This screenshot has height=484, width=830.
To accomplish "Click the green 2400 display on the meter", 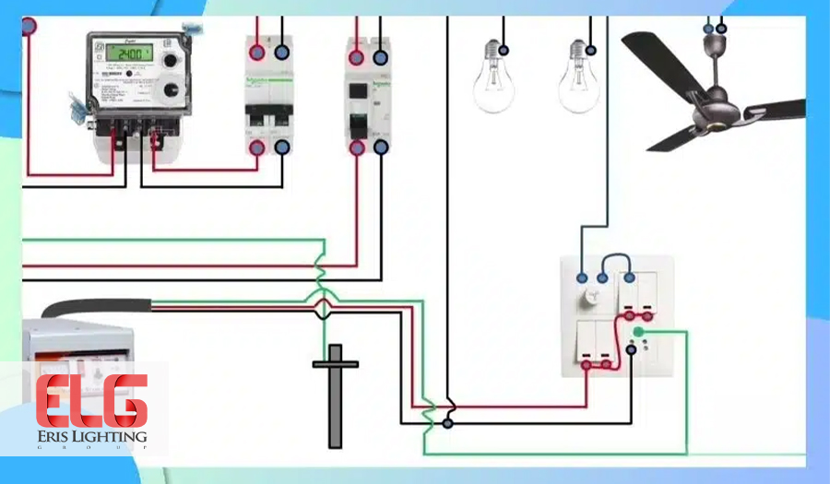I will click(128, 53).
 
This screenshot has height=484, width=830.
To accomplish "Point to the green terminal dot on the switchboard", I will click(637, 332).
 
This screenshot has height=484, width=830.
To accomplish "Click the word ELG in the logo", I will click(91, 401).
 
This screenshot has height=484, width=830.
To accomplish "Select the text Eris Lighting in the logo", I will click(91, 436).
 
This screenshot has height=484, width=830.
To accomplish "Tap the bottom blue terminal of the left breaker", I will click(281, 147).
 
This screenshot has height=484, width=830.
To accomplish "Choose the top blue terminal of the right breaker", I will click(380, 57).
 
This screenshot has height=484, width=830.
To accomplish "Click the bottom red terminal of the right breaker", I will click(358, 147).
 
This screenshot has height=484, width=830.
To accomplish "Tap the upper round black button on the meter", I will click(170, 61).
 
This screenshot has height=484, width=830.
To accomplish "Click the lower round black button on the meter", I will click(171, 91).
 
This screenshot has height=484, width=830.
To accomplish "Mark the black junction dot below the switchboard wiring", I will click(447, 423).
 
